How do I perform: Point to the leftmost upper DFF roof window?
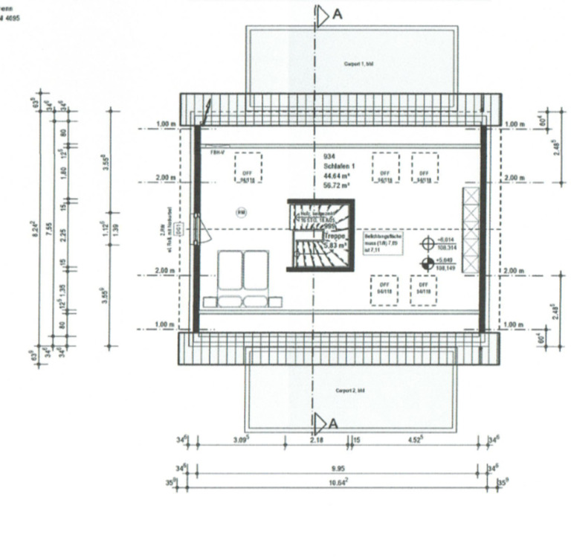pyautogui.click(x=248, y=168)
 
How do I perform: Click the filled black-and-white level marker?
pyautogui.click(x=428, y=262)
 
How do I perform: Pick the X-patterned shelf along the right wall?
pyautogui.click(x=471, y=231)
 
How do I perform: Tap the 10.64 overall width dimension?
pyautogui.click(x=337, y=482)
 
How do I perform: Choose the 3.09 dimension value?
pyautogui.click(x=240, y=440)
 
